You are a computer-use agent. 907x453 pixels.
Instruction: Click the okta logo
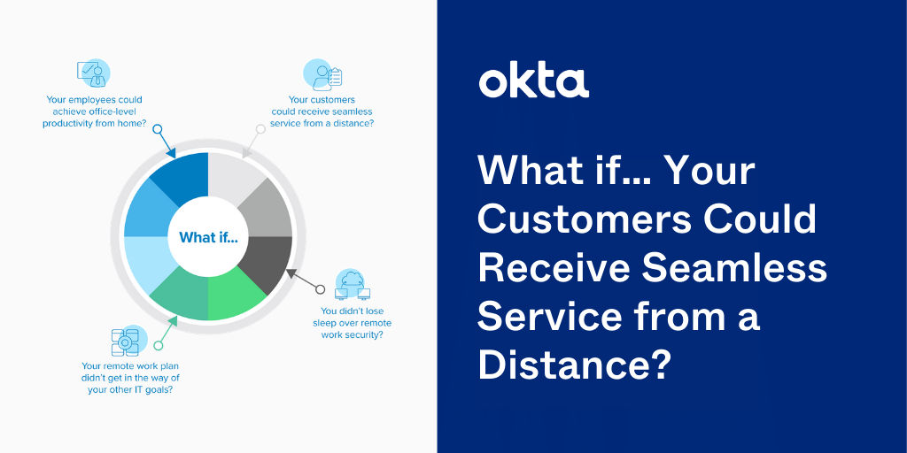coord(533,82)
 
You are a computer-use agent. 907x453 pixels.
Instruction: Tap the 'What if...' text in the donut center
coord(208,237)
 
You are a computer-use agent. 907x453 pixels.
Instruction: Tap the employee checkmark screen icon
coord(92,74)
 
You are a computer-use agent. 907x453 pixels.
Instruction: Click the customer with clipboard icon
coord(322,75)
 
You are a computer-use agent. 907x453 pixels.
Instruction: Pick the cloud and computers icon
coord(353,284)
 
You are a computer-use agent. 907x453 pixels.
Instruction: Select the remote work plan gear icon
coord(128,342)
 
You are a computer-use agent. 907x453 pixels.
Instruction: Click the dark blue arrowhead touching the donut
coord(172,153)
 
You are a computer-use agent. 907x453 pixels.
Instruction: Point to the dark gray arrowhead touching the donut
coord(291,273)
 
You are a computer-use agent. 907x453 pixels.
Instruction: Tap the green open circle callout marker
coord(158,346)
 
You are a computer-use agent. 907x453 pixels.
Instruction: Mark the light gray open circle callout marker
coord(260,129)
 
